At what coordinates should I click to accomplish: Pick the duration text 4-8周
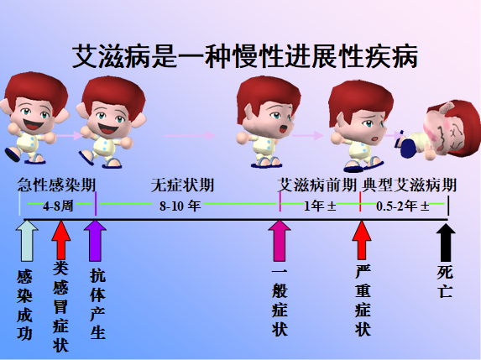point(60,204)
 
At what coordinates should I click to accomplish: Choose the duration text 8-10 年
point(180,204)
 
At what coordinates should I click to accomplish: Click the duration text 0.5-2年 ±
point(402,205)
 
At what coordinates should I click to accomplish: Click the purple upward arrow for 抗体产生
point(95,241)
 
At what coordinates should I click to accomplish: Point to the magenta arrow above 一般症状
point(279,241)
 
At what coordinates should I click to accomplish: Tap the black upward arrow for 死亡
point(446,241)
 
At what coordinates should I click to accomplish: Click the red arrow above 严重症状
point(361,241)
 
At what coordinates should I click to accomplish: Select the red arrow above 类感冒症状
point(60,241)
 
